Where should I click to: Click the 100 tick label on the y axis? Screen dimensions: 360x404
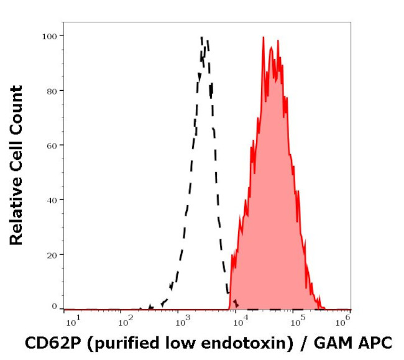point(50,35)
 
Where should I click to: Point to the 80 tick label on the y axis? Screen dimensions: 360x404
point(52,91)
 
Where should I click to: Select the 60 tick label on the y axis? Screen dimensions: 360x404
point(52,145)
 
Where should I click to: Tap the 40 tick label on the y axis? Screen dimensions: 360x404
point(52,200)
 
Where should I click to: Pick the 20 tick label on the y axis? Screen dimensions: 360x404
point(52,255)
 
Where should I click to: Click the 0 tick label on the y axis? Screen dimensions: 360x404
point(54,307)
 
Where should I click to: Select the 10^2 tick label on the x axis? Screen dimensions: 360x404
point(127,321)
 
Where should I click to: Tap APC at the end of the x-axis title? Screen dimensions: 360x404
point(375,342)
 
